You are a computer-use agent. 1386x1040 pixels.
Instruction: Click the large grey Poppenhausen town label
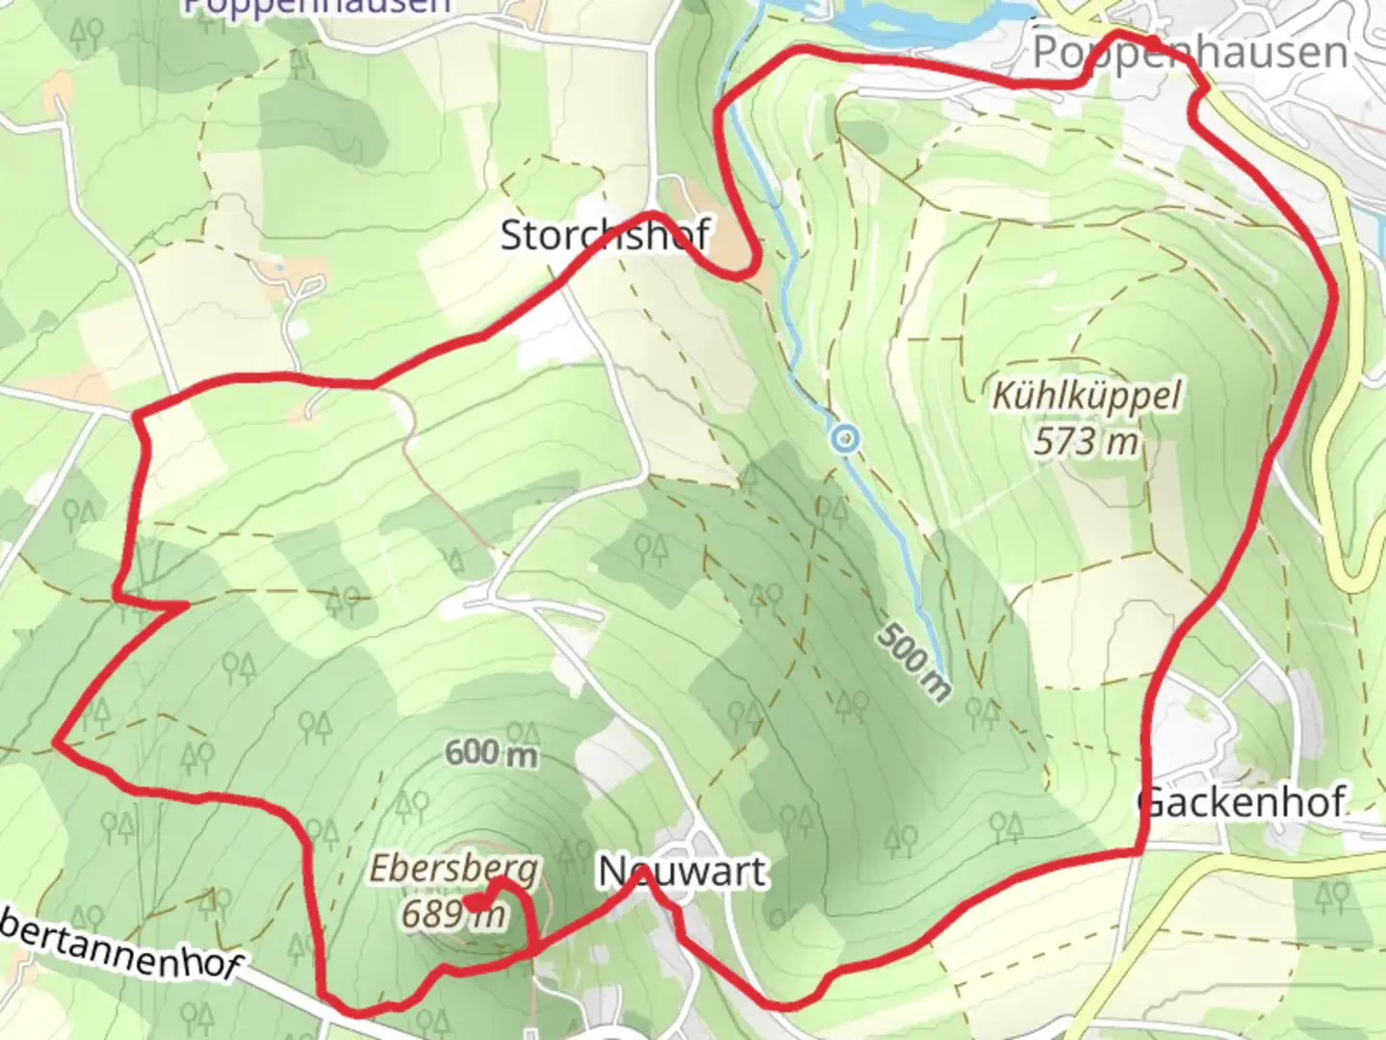(1190, 52)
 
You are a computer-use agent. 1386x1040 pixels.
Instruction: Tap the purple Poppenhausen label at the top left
(317, 5)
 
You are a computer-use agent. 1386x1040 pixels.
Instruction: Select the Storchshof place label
(604, 235)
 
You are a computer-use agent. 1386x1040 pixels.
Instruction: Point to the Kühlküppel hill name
(1086, 396)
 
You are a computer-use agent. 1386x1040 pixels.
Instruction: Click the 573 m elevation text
(1086, 442)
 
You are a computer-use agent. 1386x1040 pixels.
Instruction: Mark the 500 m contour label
(913, 661)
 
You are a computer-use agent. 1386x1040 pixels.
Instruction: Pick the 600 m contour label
(491, 752)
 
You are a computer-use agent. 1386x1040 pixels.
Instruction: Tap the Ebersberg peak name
(453, 869)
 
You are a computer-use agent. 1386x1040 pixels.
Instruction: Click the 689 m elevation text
(452, 914)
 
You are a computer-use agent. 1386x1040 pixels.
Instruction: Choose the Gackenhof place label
(1242, 802)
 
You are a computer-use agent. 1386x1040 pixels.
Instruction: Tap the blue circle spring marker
(845, 439)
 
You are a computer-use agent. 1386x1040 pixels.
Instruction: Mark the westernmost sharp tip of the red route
(56, 742)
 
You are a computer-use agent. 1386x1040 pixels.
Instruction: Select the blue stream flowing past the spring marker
(895, 539)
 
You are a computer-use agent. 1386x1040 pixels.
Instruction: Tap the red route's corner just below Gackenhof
(1142, 851)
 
